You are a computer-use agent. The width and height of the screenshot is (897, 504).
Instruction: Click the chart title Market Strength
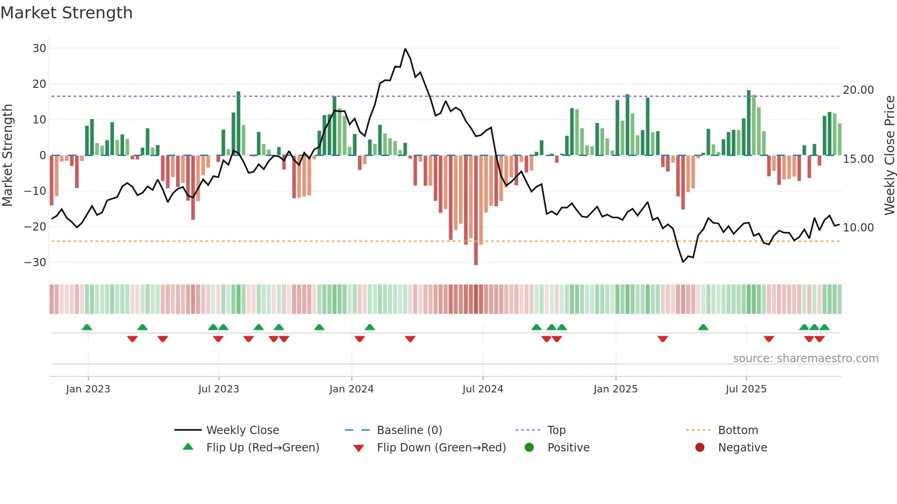click(x=66, y=13)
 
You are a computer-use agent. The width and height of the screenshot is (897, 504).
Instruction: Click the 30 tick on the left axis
click(x=39, y=48)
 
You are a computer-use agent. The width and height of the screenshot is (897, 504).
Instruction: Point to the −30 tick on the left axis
click(x=35, y=263)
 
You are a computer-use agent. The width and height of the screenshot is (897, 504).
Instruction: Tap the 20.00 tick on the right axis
click(x=858, y=90)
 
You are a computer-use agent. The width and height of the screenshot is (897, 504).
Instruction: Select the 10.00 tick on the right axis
click(x=858, y=228)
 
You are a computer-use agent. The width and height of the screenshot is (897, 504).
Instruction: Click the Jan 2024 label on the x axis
click(x=351, y=389)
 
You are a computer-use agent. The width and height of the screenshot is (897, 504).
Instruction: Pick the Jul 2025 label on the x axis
click(x=746, y=389)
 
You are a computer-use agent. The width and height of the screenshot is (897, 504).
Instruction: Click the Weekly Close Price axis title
click(x=889, y=155)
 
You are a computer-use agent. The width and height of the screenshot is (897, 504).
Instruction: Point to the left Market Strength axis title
click(x=8, y=155)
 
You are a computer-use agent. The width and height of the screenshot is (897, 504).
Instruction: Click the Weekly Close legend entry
click(x=242, y=430)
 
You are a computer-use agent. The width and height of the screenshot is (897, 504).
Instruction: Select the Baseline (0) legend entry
click(x=409, y=430)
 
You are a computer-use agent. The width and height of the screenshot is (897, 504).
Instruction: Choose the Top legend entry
click(x=556, y=430)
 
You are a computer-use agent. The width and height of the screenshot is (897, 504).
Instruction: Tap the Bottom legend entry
click(x=738, y=430)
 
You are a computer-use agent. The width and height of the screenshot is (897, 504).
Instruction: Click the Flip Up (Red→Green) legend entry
click(x=262, y=448)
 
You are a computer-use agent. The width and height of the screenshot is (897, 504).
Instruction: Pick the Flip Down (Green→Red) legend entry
click(x=441, y=448)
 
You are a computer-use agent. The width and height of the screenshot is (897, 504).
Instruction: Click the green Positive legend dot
click(x=529, y=448)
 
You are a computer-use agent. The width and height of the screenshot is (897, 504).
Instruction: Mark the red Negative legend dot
click(x=699, y=448)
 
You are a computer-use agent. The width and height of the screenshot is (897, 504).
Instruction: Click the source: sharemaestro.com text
click(x=805, y=359)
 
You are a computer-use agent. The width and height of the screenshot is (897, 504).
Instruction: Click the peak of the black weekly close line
click(x=405, y=49)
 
